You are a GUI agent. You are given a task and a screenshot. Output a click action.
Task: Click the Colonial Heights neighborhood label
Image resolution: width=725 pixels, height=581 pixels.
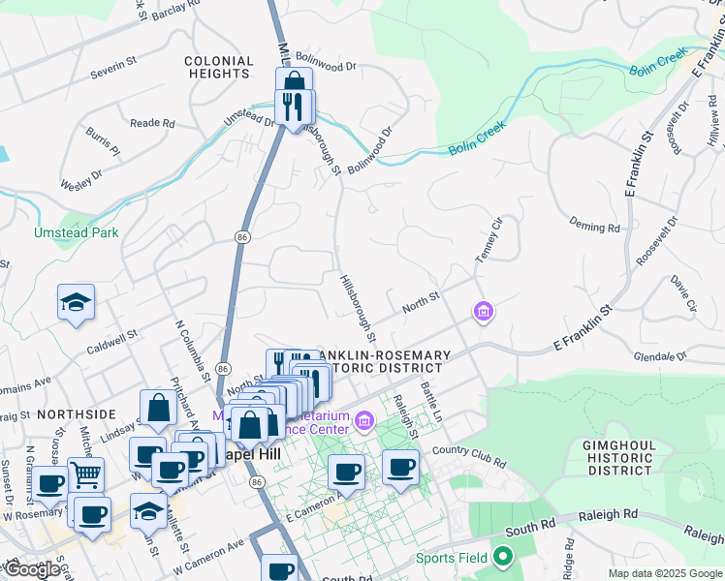219,67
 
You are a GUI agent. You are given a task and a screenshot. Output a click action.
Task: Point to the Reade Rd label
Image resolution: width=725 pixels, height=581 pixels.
152,123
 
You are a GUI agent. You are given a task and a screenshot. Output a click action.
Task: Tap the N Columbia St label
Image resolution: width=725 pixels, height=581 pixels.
191,350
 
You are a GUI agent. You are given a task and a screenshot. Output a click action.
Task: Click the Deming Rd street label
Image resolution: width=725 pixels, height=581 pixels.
595,228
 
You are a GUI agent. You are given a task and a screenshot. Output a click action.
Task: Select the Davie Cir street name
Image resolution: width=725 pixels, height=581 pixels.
683,293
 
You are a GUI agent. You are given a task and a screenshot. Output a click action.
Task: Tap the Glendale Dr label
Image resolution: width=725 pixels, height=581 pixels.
689,357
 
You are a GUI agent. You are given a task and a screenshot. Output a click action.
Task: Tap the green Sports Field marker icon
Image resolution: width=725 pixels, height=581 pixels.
502,557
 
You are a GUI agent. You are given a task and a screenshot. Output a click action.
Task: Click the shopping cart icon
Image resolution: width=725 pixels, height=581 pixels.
86,474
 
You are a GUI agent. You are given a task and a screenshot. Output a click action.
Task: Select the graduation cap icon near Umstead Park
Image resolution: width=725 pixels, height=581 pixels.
75,301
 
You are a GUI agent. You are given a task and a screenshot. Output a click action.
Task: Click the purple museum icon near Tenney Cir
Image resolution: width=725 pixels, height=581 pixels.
483,311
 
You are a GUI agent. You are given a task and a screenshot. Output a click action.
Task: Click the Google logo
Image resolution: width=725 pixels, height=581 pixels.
32,569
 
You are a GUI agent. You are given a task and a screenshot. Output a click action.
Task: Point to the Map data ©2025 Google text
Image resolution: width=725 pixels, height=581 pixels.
665,573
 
